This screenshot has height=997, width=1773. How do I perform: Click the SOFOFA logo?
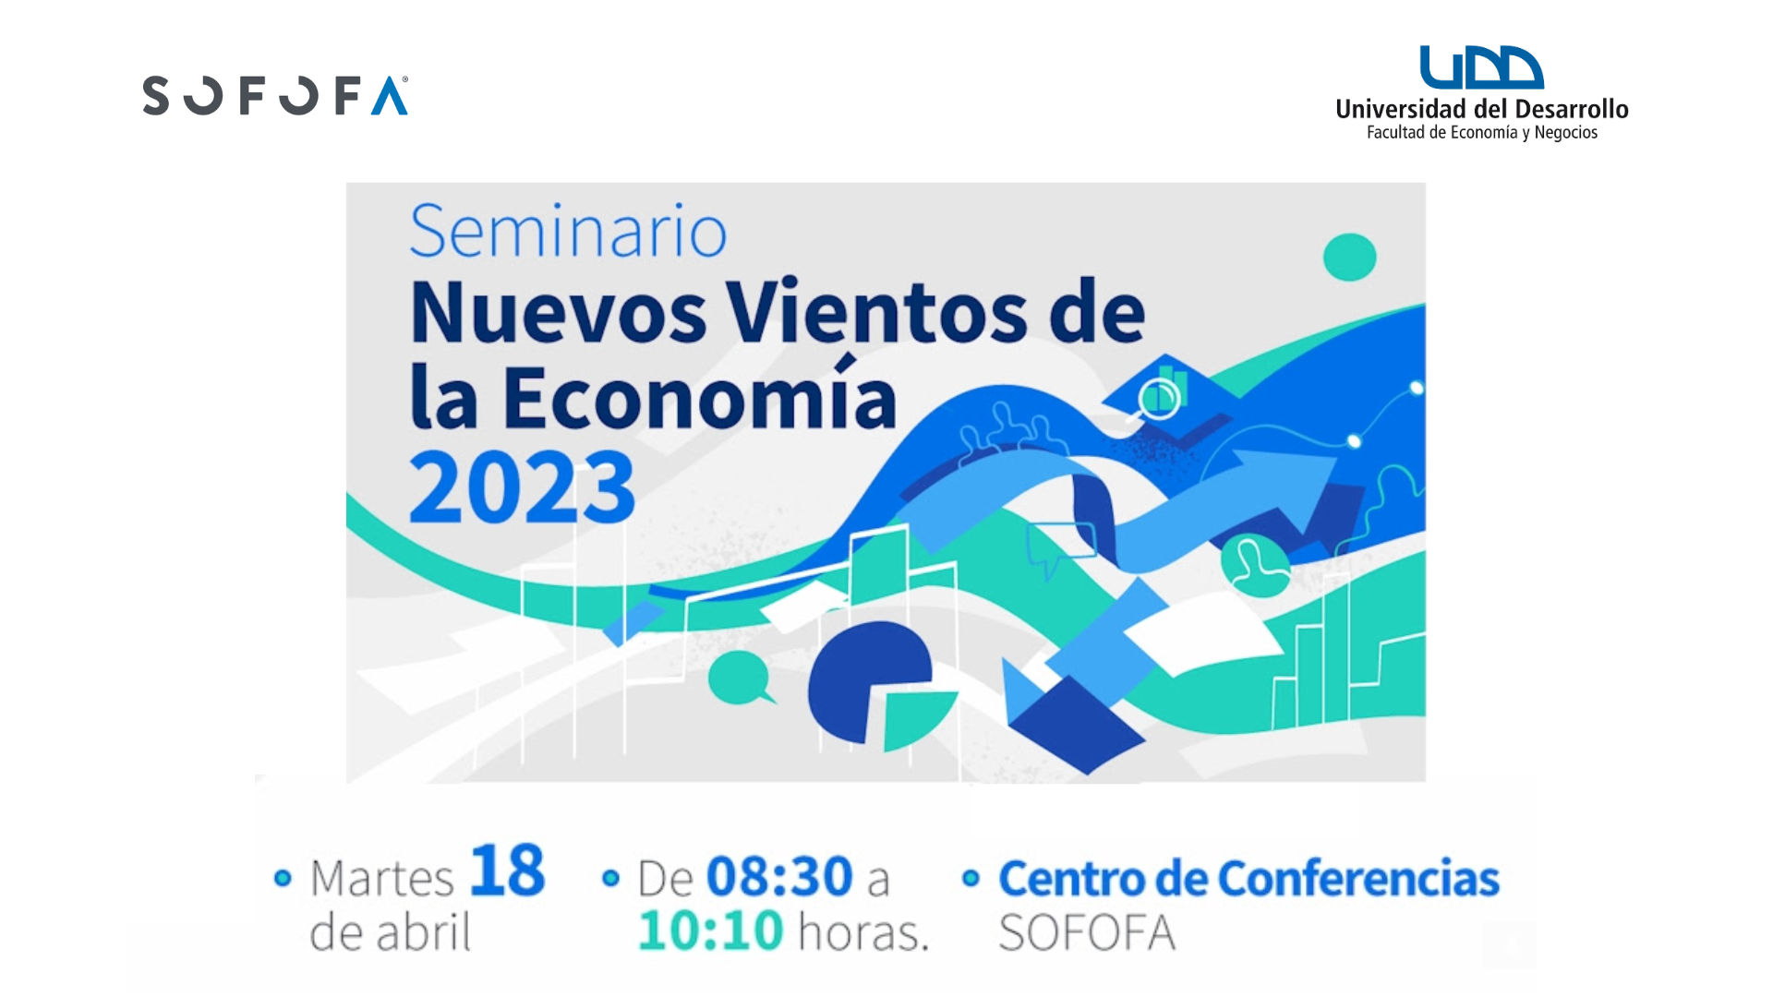(x=275, y=95)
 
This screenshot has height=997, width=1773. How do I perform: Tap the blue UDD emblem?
(x=1481, y=67)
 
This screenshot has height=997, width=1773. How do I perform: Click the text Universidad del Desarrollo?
(x=1482, y=109)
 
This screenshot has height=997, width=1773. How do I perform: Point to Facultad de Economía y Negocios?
(x=1482, y=133)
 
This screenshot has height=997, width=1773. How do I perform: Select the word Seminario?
(x=568, y=231)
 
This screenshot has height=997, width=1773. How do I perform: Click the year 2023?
(x=523, y=487)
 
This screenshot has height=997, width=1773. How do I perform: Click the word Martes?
(x=381, y=878)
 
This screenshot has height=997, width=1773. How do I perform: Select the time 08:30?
(x=779, y=876)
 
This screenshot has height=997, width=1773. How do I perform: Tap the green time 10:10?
(x=711, y=931)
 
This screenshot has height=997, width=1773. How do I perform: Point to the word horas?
(x=863, y=931)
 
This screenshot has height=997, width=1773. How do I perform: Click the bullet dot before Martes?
(x=283, y=878)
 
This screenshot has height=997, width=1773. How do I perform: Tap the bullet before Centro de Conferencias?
(x=970, y=878)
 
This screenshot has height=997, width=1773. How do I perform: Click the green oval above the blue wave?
(x=1349, y=257)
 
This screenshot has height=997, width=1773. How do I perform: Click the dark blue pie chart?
(x=868, y=681)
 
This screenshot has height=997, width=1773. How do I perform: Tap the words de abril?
(x=390, y=931)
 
